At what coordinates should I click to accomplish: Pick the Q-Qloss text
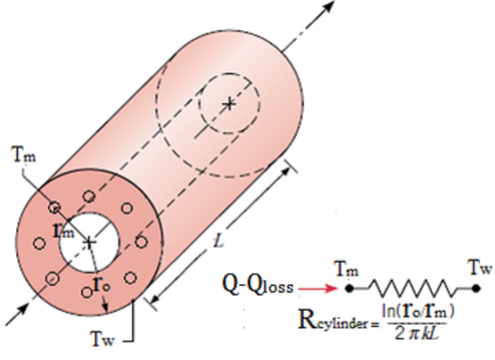[259, 285]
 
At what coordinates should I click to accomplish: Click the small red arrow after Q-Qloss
[319, 286]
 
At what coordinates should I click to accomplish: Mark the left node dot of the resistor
[349, 286]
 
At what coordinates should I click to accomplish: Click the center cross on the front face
[89, 241]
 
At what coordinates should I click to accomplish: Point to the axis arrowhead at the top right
[329, 9]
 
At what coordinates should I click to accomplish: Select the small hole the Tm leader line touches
[55, 207]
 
